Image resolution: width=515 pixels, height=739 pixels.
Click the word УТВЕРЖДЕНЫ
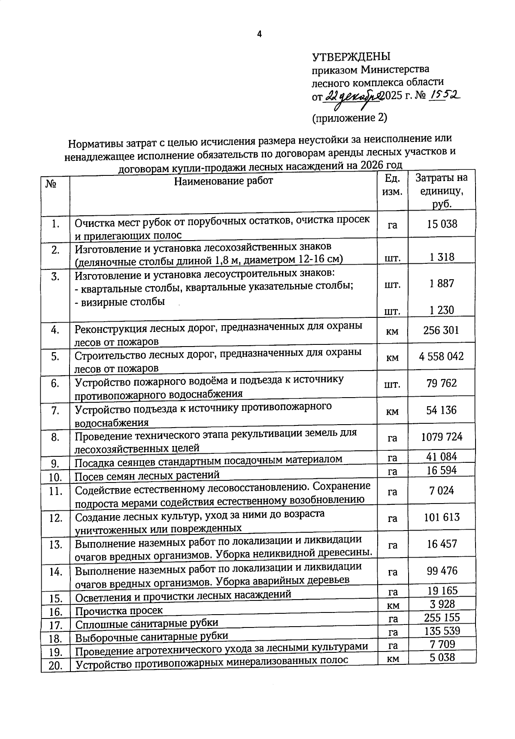pyautogui.click(x=351, y=57)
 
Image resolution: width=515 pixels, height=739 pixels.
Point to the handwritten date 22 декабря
pyautogui.click(x=352, y=97)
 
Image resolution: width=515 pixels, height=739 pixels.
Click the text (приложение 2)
pyautogui.click(x=349, y=118)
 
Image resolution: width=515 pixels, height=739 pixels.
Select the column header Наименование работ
pyautogui.click(x=223, y=181)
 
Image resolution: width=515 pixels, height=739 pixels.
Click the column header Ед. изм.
pyautogui.click(x=392, y=184)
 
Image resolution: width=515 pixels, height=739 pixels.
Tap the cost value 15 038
pyautogui.click(x=442, y=223)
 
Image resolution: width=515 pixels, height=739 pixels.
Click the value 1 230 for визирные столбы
pyautogui.click(x=442, y=310)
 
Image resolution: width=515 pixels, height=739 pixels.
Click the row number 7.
pyautogui.click(x=55, y=410)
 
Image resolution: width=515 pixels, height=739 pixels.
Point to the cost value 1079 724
pyautogui.click(x=442, y=437)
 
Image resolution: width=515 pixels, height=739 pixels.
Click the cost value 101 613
pyautogui.click(x=442, y=517)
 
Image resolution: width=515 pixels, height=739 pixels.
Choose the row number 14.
pyautogui.click(x=56, y=571)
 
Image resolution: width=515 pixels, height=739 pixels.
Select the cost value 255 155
pyautogui.click(x=442, y=617)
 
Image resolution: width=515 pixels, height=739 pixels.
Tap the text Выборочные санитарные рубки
pyautogui.click(x=151, y=636)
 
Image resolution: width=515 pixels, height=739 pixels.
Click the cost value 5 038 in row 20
pyautogui.click(x=442, y=657)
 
